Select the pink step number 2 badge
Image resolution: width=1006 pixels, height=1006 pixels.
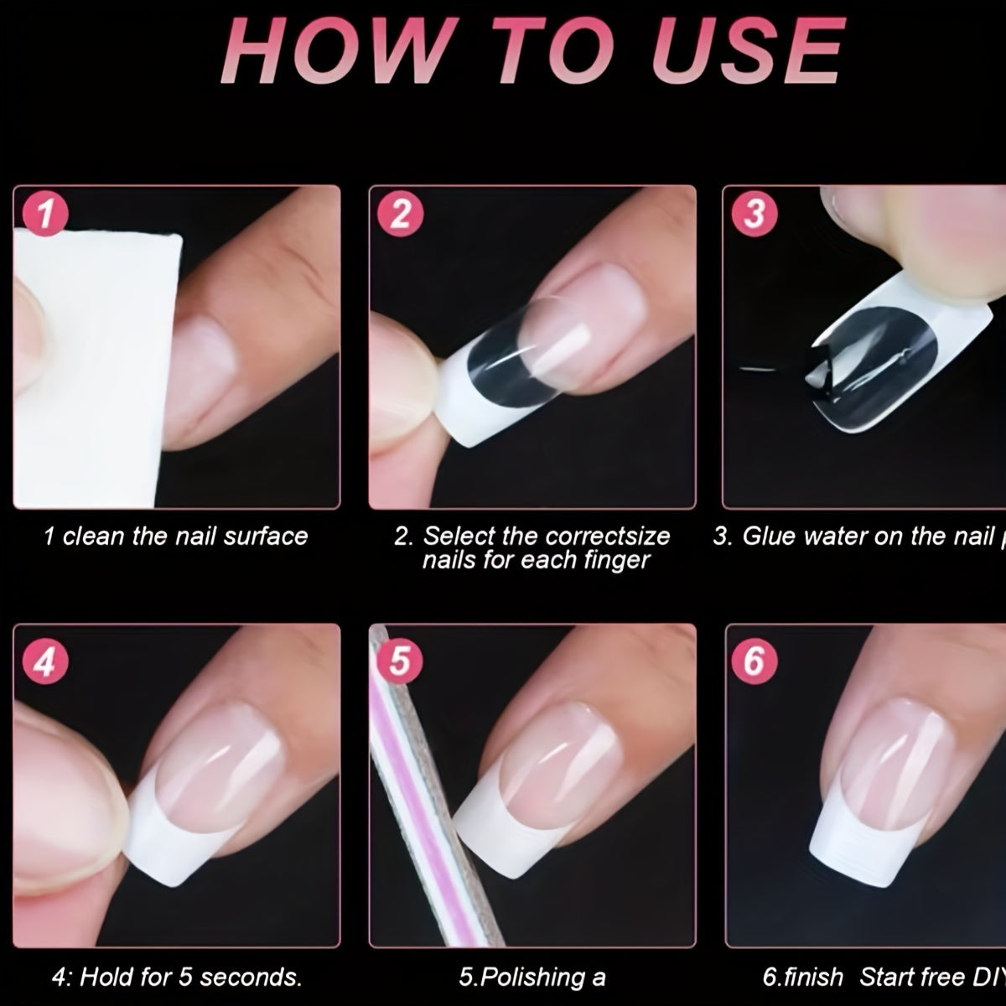[400, 215]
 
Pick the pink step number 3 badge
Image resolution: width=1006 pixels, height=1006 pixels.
[754, 215]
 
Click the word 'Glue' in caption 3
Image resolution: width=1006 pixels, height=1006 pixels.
[768, 537]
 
